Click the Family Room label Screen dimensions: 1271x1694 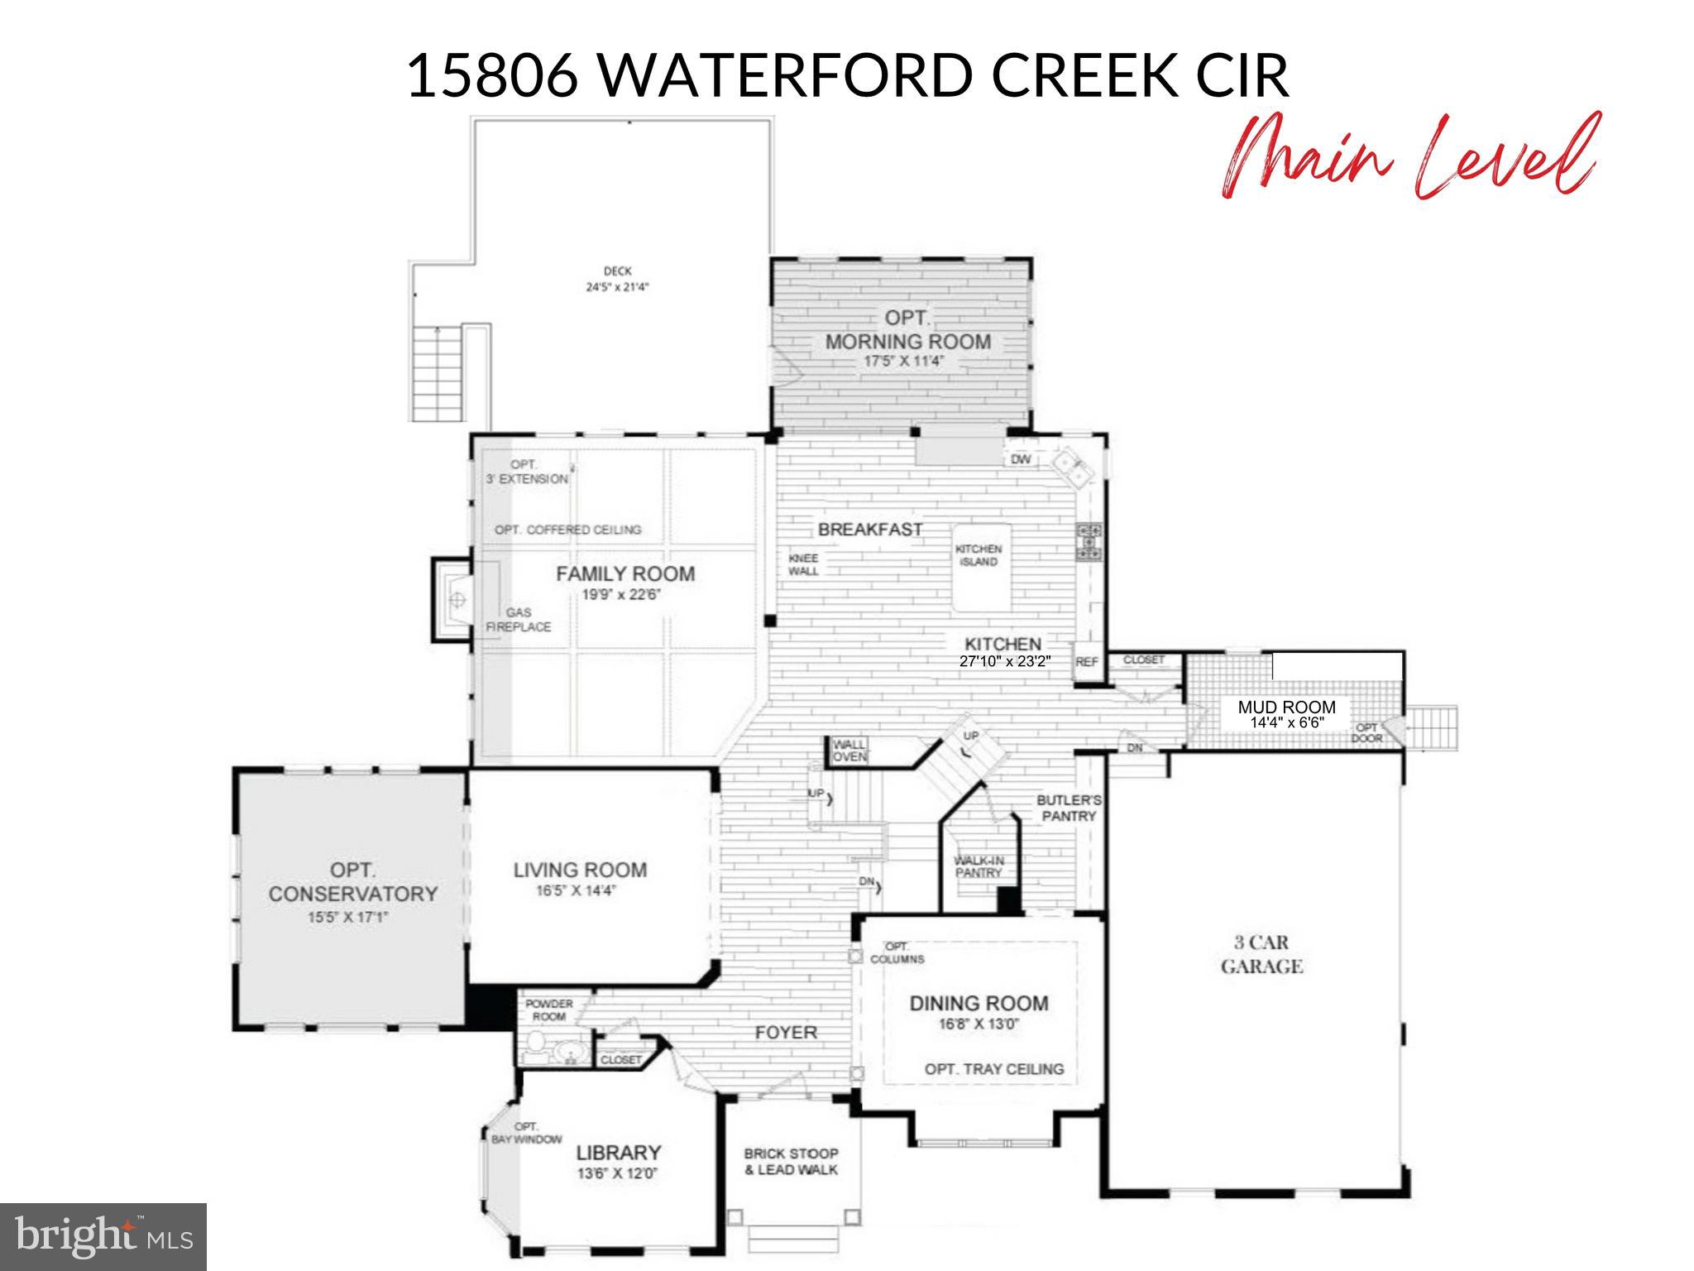coord(624,574)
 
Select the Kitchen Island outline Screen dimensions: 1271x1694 coord(981,568)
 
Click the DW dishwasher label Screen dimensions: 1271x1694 coord(1021,459)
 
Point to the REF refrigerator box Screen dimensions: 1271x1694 coord(1086,662)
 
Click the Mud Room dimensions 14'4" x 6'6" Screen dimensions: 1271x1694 coord(1287,722)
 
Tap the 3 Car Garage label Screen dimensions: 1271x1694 coord(1261,954)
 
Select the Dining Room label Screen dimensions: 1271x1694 coord(979,1004)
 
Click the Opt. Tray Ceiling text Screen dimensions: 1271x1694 coord(993,1069)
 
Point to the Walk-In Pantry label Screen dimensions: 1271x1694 coord(979,866)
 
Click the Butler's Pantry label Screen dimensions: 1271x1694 coord(1069,808)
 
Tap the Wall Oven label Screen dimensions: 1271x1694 coord(849,751)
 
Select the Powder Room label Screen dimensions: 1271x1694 coord(548,1010)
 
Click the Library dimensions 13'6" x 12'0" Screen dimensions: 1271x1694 coord(618,1173)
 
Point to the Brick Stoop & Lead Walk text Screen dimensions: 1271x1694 coord(791,1162)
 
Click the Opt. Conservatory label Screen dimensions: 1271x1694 coord(352,882)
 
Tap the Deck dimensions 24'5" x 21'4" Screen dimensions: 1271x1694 coord(617,287)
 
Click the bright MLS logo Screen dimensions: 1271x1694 coord(103,1236)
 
